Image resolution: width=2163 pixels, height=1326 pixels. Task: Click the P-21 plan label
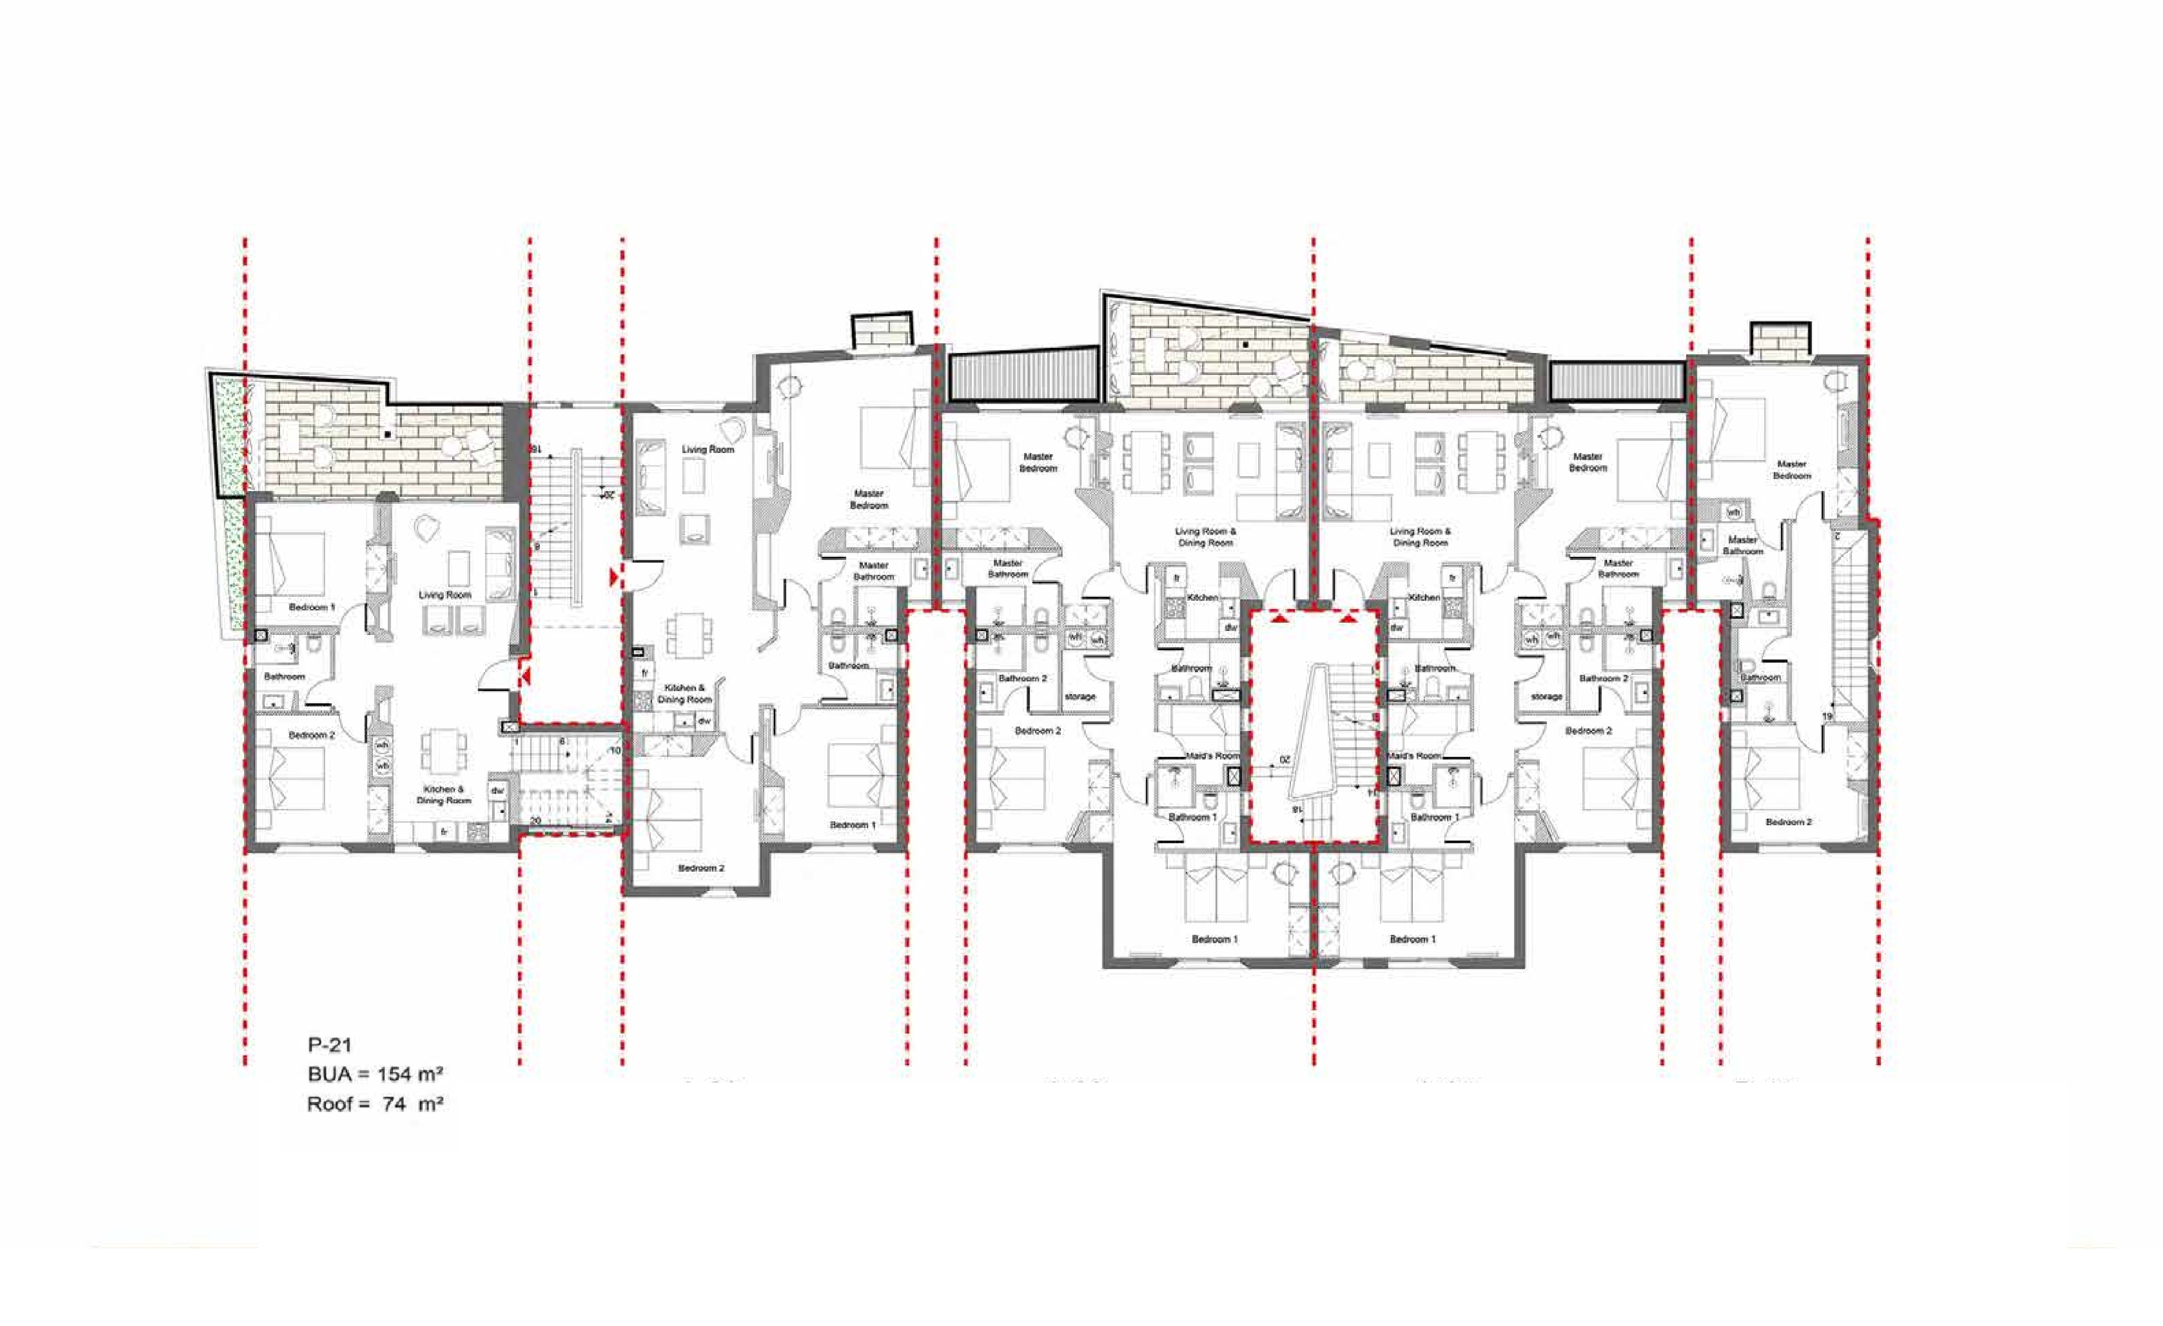point(329,1045)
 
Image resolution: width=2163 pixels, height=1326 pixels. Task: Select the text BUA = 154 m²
point(375,1074)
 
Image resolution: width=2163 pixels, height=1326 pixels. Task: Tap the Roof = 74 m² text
point(375,1104)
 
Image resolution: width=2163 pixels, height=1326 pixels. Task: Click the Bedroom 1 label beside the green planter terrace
point(312,607)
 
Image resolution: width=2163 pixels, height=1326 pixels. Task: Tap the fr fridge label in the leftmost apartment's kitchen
point(444,831)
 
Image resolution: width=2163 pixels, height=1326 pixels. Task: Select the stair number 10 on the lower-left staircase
point(615,751)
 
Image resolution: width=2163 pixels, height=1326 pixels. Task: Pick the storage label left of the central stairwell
point(1080,696)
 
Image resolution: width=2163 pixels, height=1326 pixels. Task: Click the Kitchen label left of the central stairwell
point(1202,597)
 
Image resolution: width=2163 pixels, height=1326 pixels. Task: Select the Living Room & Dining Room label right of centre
point(1419,537)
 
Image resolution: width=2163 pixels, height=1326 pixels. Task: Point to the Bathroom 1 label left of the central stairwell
point(1192,816)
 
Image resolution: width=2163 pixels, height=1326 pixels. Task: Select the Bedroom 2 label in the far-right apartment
point(1788,822)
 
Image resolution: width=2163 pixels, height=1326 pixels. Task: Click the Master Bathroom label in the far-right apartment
point(1742,545)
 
